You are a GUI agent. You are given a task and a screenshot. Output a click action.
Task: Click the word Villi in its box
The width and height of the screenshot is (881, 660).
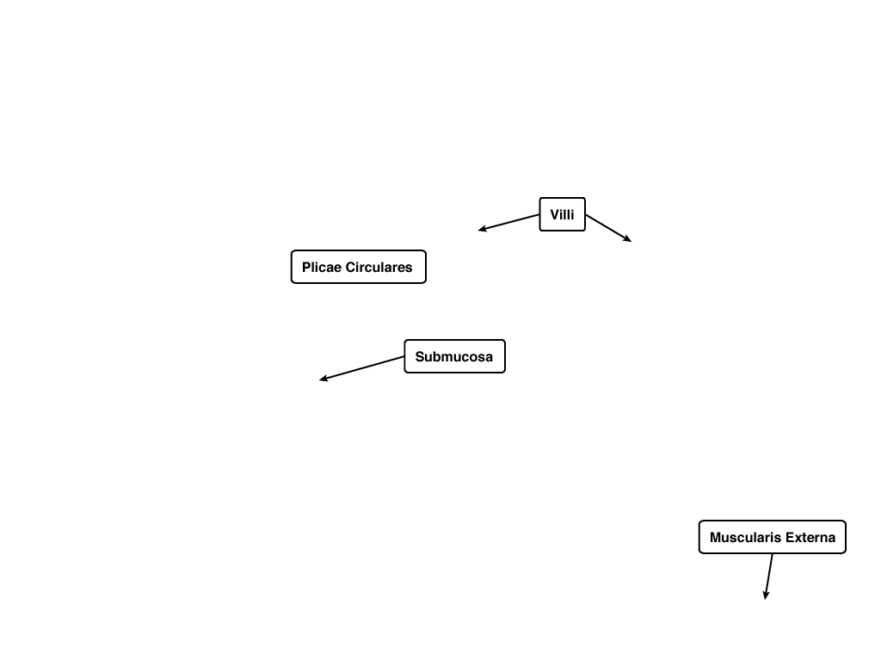click(x=562, y=215)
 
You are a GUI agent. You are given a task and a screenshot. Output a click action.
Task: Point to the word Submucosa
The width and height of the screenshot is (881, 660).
click(x=454, y=356)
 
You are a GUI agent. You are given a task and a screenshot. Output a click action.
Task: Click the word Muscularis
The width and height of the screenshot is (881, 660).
click(x=746, y=538)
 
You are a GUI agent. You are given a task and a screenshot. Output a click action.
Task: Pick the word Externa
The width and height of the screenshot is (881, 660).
click(x=810, y=538)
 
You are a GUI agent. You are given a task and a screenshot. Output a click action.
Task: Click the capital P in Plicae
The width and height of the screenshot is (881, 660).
click(x=307, y=267)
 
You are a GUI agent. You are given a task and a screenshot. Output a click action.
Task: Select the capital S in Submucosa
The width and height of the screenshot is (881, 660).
click(x=420, y=356)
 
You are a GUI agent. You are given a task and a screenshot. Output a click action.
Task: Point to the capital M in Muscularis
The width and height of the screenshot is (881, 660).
click(x=716, y=538)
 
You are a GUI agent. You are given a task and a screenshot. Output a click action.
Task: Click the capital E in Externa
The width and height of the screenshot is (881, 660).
click(x=790, y=538)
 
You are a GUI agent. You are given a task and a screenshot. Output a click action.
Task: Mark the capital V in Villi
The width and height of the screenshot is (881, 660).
click(x=555, y=215)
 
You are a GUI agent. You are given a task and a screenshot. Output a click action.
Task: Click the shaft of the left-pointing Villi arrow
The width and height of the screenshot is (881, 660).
click(x=509, y=222)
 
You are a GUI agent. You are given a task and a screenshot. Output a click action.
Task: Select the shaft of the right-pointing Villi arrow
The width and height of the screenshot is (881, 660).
click(x=608, y=228)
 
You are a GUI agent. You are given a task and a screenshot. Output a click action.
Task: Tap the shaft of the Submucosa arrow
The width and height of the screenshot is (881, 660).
click(x=362, y=368)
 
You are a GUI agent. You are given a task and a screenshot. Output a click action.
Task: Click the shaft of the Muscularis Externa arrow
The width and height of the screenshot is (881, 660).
click(x=768, y=577)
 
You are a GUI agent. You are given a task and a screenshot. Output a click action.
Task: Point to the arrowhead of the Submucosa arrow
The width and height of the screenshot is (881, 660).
click(x=323, y=379)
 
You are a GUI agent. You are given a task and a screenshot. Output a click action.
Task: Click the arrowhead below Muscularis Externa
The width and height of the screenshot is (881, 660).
click(x=765, y=595)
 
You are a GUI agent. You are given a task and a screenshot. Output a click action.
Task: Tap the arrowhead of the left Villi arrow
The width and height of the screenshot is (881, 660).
click(x=482, y=229)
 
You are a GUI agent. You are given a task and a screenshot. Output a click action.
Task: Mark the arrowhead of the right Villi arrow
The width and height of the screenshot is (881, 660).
click(x=627, y=239)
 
